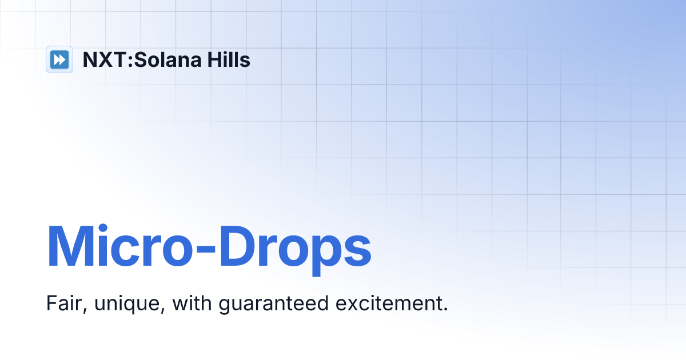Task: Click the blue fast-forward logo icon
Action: pyautogui.click(x=59, y=59)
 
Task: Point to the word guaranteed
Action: pyautogui.click(x=273, y=305)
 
